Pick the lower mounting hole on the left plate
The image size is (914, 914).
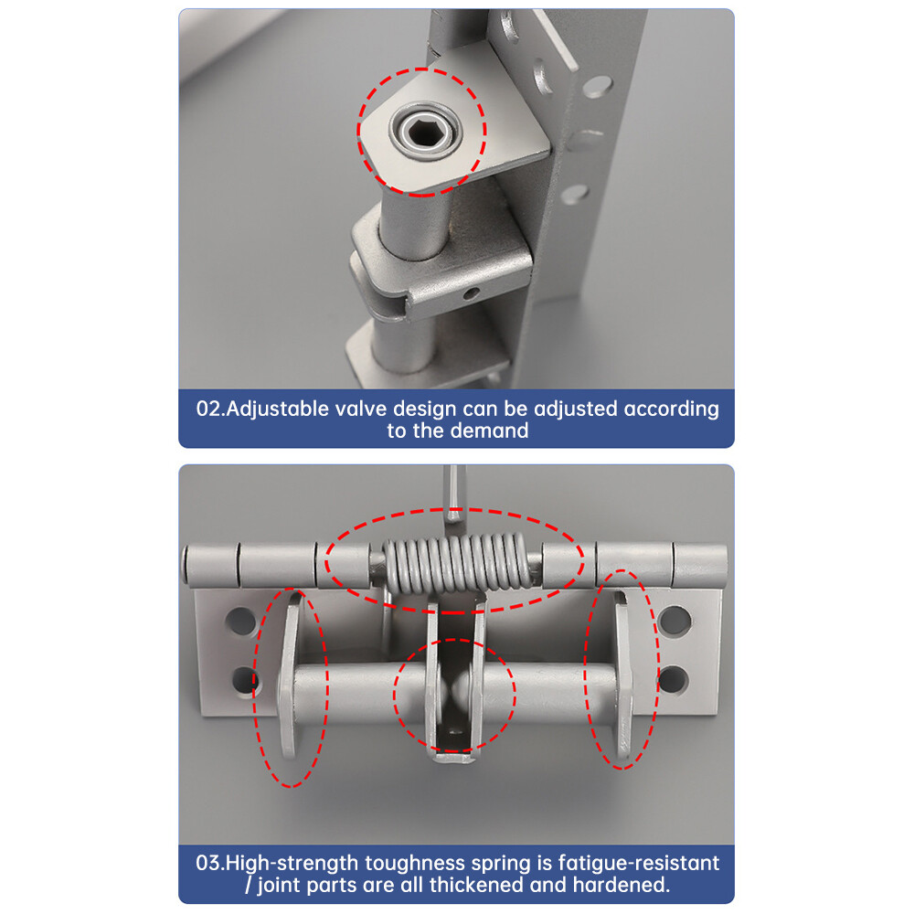point(243,680)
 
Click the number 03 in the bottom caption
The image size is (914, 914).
point(208,862)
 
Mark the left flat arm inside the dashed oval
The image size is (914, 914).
point(291,676)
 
